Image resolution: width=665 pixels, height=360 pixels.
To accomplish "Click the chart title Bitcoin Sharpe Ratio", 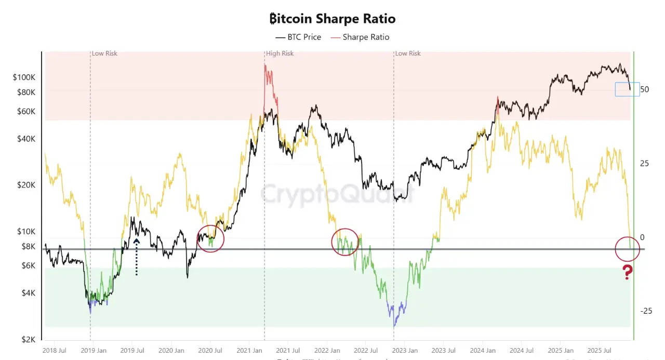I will coord(332,19).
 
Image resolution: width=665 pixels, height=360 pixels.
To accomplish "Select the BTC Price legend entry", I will coord(298,37).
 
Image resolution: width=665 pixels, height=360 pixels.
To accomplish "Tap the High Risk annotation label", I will coord(280,54).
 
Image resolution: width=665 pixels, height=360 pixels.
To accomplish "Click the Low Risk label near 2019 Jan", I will coord(104,54).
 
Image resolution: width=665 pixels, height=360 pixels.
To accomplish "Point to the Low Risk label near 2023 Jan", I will coord(408,54).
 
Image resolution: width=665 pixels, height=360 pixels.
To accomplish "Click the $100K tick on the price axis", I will coord(24,77).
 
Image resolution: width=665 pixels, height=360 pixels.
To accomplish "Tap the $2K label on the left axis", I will coord(28,339).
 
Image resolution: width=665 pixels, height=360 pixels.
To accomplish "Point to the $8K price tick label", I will coord(28,246).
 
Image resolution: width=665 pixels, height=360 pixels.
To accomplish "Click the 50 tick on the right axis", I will coord(645,89).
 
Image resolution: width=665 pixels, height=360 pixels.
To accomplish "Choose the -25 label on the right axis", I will coord(646,311).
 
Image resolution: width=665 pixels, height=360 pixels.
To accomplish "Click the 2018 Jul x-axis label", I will coord(55,351).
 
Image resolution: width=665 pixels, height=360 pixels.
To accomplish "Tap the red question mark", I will coord(628,272).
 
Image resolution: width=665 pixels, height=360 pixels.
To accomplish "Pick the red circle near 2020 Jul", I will coord(210,238).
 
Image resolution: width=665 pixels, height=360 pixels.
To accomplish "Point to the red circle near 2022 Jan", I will coord(345,242).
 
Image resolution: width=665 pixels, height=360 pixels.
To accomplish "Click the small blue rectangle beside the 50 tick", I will coord(627,89).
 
